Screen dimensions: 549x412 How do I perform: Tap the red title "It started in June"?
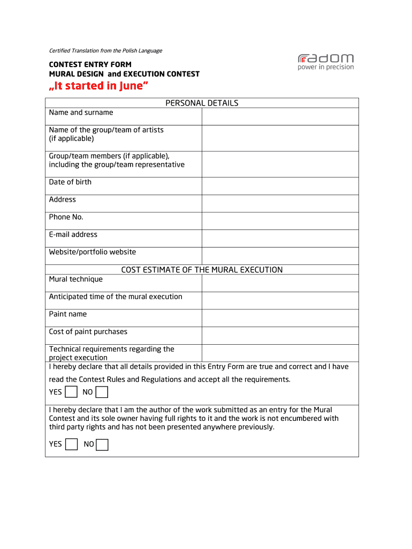pyautogui.click(x=99, y=86)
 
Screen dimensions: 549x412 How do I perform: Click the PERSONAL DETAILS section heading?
pyautogui.click(x=202, y=103)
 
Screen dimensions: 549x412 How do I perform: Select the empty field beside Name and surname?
pyautogui.click(x=279, y=116)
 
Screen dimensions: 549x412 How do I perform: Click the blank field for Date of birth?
pyautogui.click(x=279, y=186)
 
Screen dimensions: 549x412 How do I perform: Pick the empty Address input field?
pyautogui.click(x=279, y=203)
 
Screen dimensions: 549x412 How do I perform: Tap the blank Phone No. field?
pyautogui.click(x=279, y=221)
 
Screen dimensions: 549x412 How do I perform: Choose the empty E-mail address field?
pyautogui.click(x=279, y=238)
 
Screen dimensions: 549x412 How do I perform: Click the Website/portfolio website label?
pyautogui.click(x=93, y=252)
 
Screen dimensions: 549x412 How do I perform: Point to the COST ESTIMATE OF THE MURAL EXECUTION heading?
pyautogui.click(x=202, y=270)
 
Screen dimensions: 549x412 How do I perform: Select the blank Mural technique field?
pyautogui.click(x=279, y=283)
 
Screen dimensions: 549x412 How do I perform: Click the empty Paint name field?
pyautogui.click(x=279, y=318)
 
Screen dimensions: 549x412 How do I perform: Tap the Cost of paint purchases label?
pyautogui.click(x=88, y=332)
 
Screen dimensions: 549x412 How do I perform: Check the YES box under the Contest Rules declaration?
pyautogui.click(x=71, y=392)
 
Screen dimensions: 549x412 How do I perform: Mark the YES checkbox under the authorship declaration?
pyautogui.click(x=71, y=444)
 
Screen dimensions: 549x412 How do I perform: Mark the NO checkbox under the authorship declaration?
pyautogui.click(x=102, y=444)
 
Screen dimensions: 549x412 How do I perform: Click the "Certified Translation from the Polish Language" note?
pyautogui.click(x=105, y=51)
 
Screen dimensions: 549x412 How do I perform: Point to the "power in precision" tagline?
pyautogui.click(x=325, y=68)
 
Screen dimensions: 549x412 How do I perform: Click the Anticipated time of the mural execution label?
pyautogui.click(x=116, y=297)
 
